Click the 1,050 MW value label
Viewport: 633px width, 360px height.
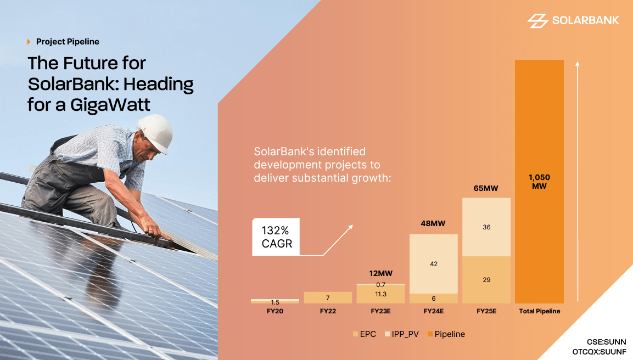539,182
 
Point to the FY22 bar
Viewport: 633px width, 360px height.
327,297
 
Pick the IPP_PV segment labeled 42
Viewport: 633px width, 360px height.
434,264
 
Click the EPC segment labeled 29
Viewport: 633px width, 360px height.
486,280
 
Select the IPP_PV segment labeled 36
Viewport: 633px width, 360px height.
486,227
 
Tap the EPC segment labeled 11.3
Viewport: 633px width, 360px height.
380,294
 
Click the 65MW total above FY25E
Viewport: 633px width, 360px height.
486,188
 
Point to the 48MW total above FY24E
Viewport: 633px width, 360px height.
433,223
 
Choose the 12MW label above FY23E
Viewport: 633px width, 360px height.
380,273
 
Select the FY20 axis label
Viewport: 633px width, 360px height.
275,312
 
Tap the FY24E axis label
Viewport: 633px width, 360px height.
433,312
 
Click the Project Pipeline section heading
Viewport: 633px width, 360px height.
67,42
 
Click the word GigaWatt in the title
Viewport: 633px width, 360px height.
110,104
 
